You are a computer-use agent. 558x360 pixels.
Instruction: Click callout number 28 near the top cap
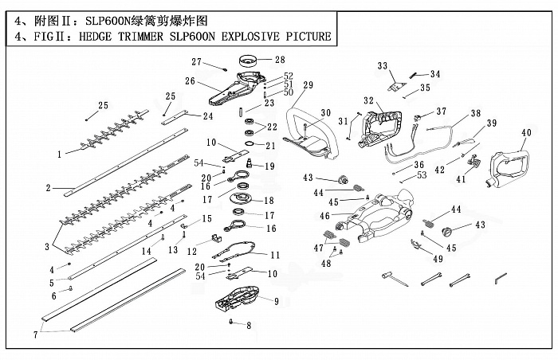[x=279, y=59]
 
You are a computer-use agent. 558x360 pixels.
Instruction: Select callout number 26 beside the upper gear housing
[x=190, y=80]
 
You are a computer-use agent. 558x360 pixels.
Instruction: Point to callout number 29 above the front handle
[x=308, y=85]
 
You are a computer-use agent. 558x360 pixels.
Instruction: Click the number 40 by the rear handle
[x=526, y=132]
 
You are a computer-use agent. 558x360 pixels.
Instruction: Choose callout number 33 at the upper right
[x=383, y=65]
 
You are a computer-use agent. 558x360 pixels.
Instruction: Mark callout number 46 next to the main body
[x=324, y=216]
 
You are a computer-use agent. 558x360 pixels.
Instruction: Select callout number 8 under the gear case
[x=249, y=325]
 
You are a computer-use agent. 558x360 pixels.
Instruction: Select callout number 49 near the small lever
[x=438, y=258]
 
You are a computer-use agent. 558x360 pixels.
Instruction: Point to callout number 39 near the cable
[x=491, y=123]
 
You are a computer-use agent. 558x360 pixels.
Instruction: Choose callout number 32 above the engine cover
[x=368, y=100]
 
